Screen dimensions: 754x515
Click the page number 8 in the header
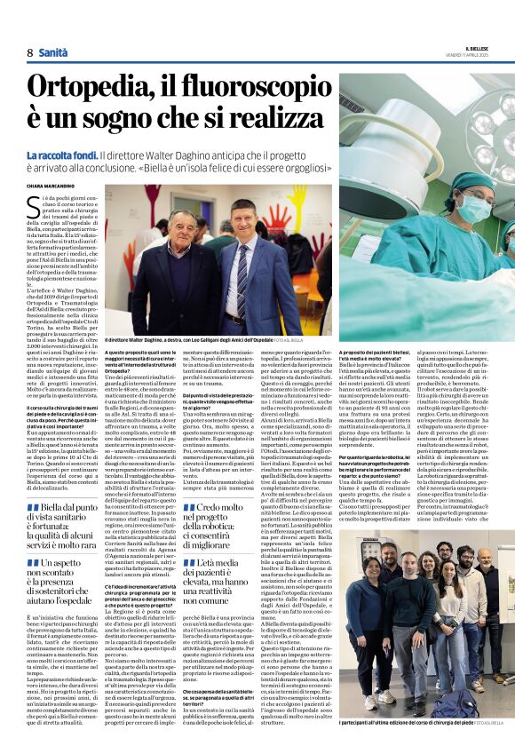[x=29, y=53]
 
